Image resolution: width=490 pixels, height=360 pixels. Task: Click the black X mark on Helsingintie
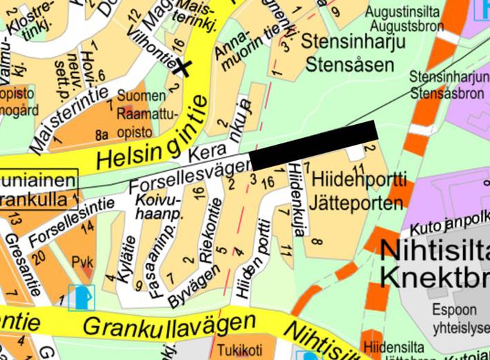tap(183, 67)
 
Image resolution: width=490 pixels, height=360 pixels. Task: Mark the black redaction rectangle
tap(314, 145)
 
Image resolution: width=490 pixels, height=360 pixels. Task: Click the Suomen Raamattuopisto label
tap(148, 110)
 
